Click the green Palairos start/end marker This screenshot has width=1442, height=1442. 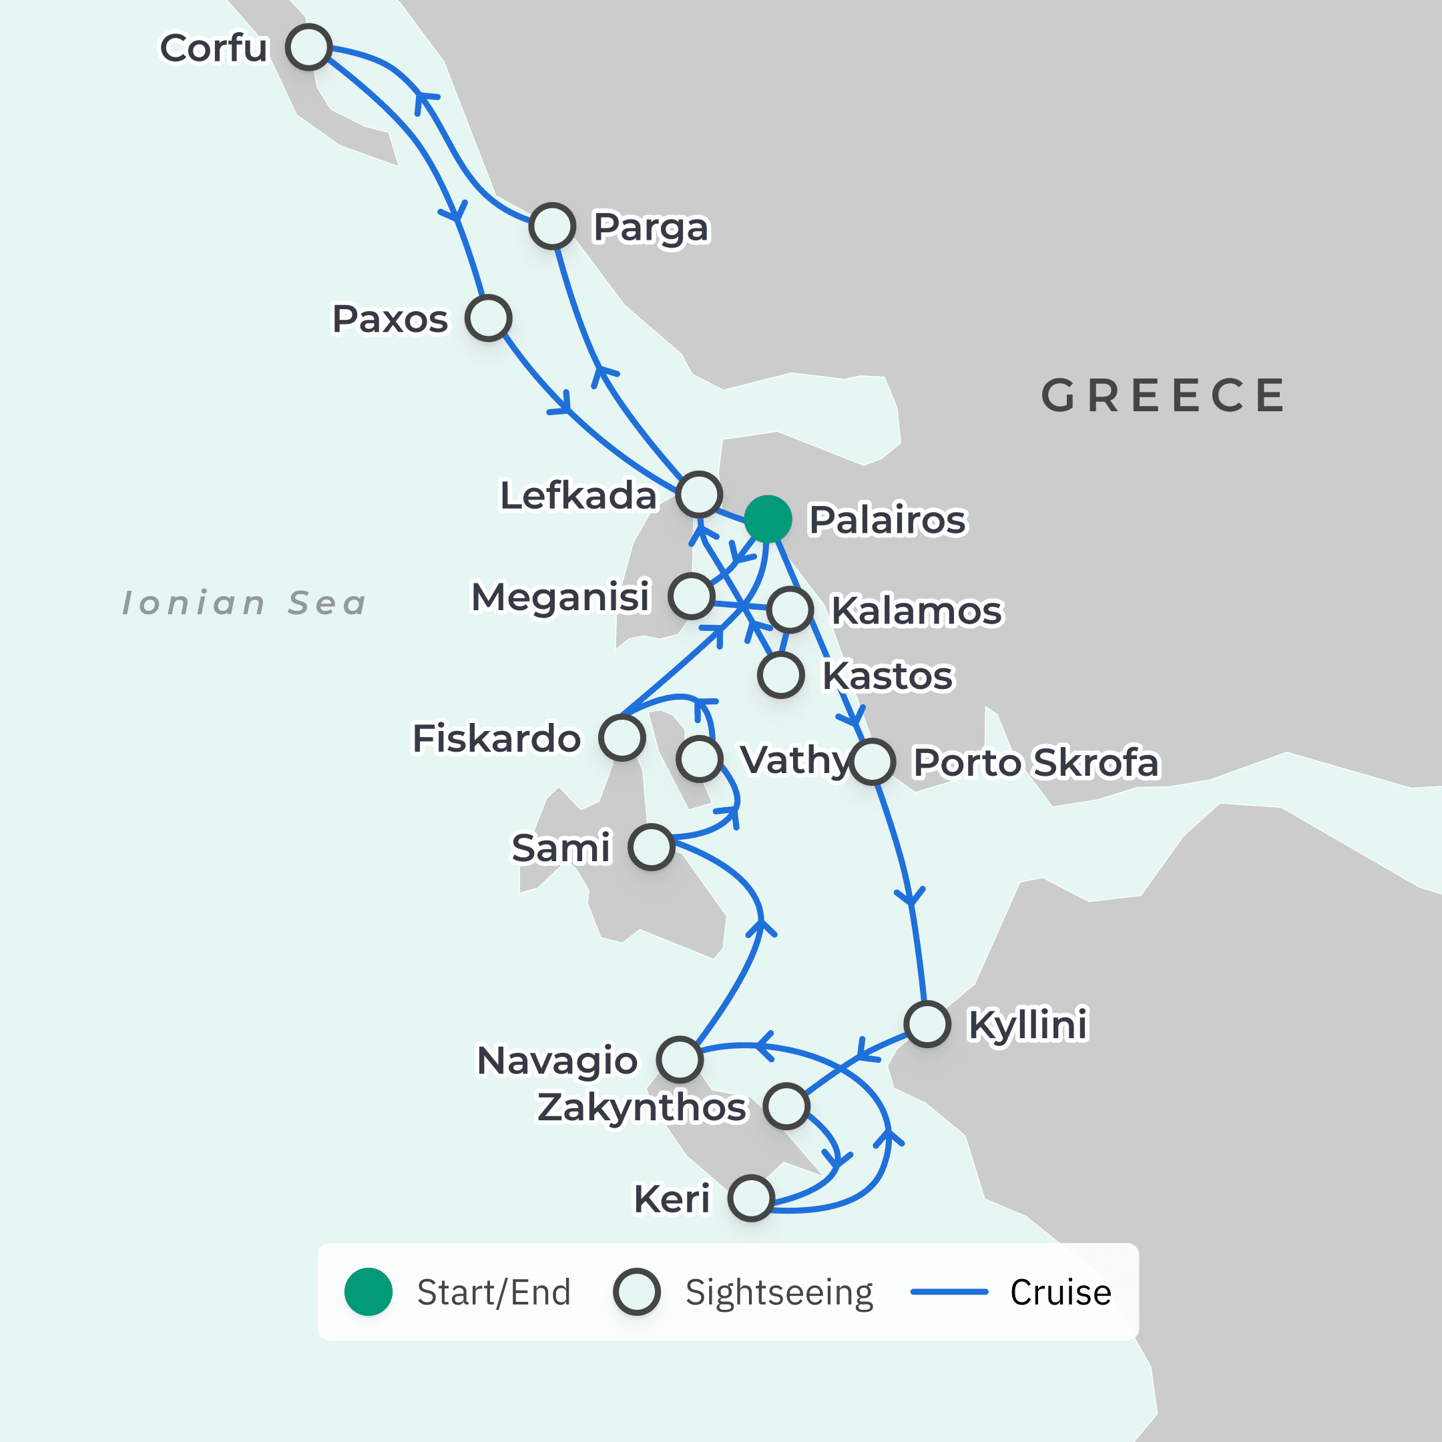coord(767,519)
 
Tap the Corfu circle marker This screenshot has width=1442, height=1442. coord(308,47)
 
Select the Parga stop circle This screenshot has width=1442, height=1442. coord(552,226)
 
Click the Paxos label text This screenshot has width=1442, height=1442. coord(390,320)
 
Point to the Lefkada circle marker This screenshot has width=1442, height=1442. coord(700,494)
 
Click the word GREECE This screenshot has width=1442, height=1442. coord(1163,396)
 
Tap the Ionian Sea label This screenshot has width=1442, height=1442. coord(245,603)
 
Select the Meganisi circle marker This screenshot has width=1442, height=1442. coord(691,595)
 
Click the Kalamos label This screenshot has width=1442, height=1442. coord(917,611)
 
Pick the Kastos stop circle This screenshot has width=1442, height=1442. coord(780,675)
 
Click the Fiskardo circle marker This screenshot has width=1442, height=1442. coord(622,738)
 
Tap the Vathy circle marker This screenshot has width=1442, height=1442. coord(700,759)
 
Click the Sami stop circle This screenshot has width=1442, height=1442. coord(651,847)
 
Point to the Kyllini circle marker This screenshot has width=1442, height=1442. coord(927,1024)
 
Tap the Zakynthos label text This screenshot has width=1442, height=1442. coord(642,1107)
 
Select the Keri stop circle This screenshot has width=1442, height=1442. coord(751,1198)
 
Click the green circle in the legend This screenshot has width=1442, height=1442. coord(368,1292)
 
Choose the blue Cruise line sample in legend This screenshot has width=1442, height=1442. coord(949,1291)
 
